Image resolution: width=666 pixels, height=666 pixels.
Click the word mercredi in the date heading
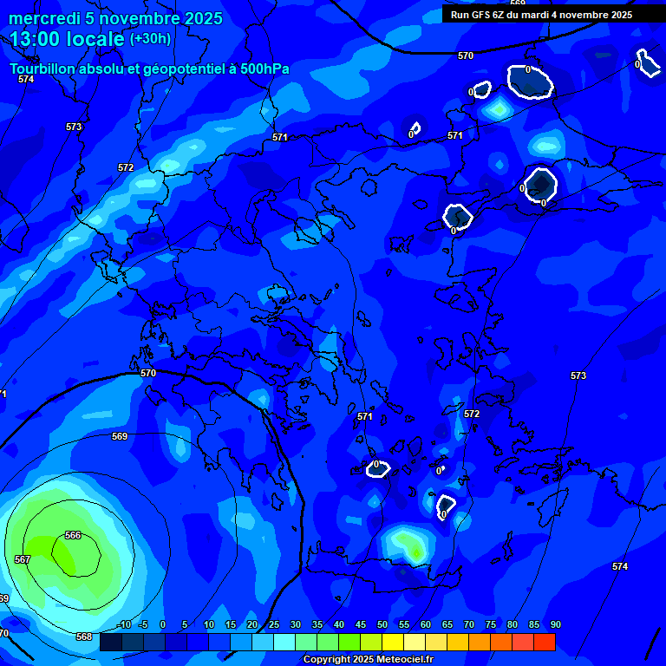click(44, 18)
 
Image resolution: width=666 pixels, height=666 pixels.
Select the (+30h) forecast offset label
click(150, 39)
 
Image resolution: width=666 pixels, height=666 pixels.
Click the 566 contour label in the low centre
click(73, 535)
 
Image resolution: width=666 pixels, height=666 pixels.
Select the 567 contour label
click(23, 559)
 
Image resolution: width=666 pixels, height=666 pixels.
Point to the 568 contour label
click(84, 637)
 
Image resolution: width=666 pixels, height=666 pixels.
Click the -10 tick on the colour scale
click(124, 625)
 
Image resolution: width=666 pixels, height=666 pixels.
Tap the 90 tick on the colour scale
click(555, 625)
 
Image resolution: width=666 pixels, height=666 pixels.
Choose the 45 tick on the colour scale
click(360, 625)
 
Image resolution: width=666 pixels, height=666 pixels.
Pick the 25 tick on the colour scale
click(273, 625)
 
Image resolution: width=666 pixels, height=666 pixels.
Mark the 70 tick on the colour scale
click(468, 625)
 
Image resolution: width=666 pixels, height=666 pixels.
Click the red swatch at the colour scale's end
click(544, 642)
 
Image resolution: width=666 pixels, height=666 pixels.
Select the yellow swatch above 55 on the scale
click(392, 642)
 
